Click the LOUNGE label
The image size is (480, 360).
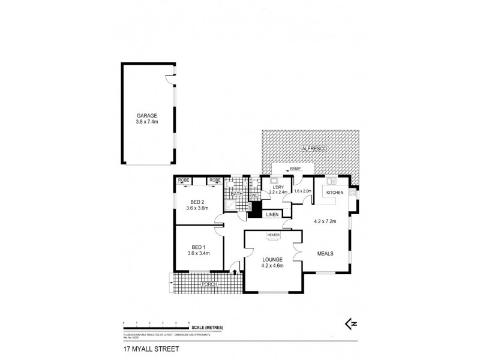[x=272, y=259]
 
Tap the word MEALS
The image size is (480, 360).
[x=326, y=253]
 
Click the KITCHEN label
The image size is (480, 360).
[x=335, y=192]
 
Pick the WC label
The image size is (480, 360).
[x=254, y=195]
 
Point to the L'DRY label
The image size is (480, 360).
[x=278, y=187]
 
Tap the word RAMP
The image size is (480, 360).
[x=295, y=169]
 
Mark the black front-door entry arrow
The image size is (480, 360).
[x=233, y=272]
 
